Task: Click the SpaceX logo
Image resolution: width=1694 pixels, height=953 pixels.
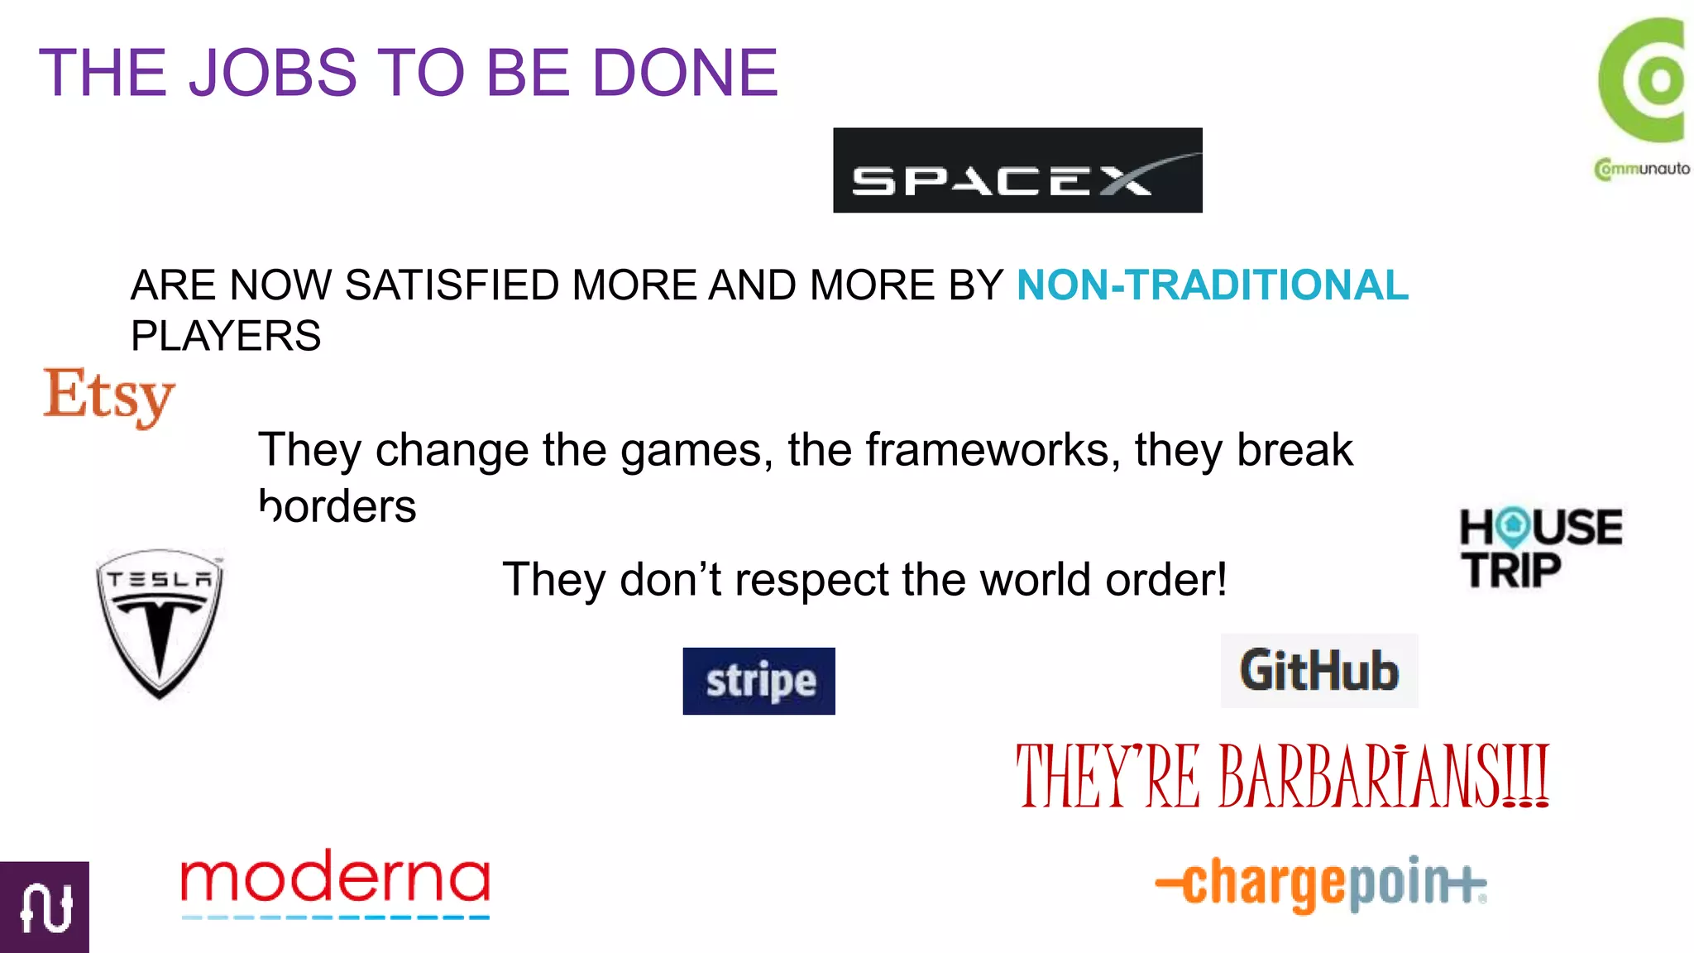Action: (x=1017, y=170)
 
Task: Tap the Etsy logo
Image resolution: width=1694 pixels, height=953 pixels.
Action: (x=109, y=396)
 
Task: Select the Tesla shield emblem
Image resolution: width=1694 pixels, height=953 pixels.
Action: (x=160, y=623)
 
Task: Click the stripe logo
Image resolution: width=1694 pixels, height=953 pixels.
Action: (x=758, y=681)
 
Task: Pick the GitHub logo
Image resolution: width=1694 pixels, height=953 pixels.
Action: (x=1319, y=671)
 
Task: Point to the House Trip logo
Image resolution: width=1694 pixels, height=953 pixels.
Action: (x=1541, y=548)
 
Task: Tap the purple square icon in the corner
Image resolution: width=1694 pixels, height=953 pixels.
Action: (x=45, y=908)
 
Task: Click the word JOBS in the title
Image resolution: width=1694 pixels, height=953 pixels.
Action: (x=273, y=73)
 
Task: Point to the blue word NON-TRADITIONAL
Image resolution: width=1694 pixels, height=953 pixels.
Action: (x=1212, y=285)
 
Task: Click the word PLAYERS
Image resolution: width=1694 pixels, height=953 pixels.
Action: (x=226, y=336)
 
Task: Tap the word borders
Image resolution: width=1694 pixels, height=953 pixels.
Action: (x=337, y=506)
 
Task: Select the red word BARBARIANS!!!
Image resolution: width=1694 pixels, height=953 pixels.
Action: (x=1384, y=776)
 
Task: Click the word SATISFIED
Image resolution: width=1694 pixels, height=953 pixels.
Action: (x=452, y=285)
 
